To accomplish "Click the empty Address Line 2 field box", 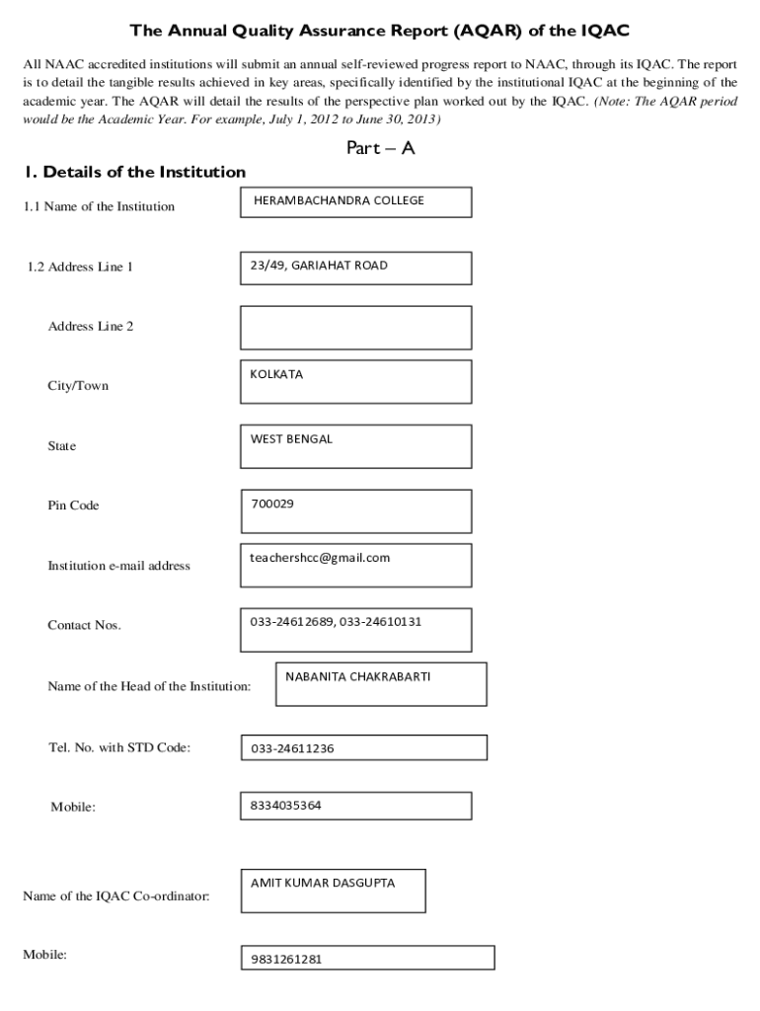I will click(x=355, y=327).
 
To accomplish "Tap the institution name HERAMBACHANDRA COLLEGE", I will click(x=339, y=201).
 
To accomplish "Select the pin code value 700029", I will click(x=272, y=504).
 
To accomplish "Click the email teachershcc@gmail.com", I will click(x=320, y=558).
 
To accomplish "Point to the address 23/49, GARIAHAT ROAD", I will click(x=319, y=266).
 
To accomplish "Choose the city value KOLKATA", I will click(x=276, y=375).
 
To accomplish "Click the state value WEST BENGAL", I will click(x=291, y=439).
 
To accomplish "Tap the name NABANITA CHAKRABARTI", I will click(x=358, y=677).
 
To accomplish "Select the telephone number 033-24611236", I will click(x=292, y=748).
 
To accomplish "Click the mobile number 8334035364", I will click(x=285, y=806).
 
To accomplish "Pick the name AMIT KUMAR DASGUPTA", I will click(x=323, y=883).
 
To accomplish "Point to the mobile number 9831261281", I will click(x=286, y=959).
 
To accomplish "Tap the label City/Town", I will click(x=78, y=385).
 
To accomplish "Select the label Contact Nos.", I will click(x=84, y=625).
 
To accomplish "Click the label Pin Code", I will click(x=73, y=505).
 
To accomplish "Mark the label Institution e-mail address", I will click(x=118, y=566).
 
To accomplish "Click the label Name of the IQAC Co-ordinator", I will click(x=115, y=896).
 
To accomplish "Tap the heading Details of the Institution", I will click(x=135, y=172).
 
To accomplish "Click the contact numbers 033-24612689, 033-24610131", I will click(x=336, y=621).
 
